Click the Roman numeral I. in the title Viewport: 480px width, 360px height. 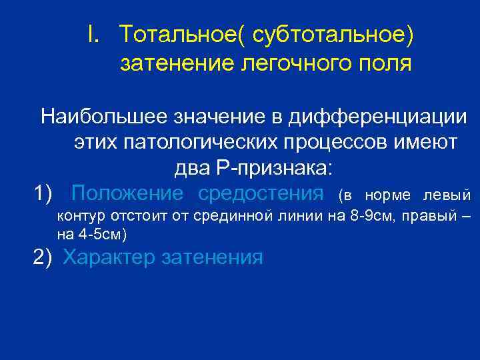94,33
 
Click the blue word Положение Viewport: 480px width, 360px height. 127,193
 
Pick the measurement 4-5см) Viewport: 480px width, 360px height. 100,234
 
